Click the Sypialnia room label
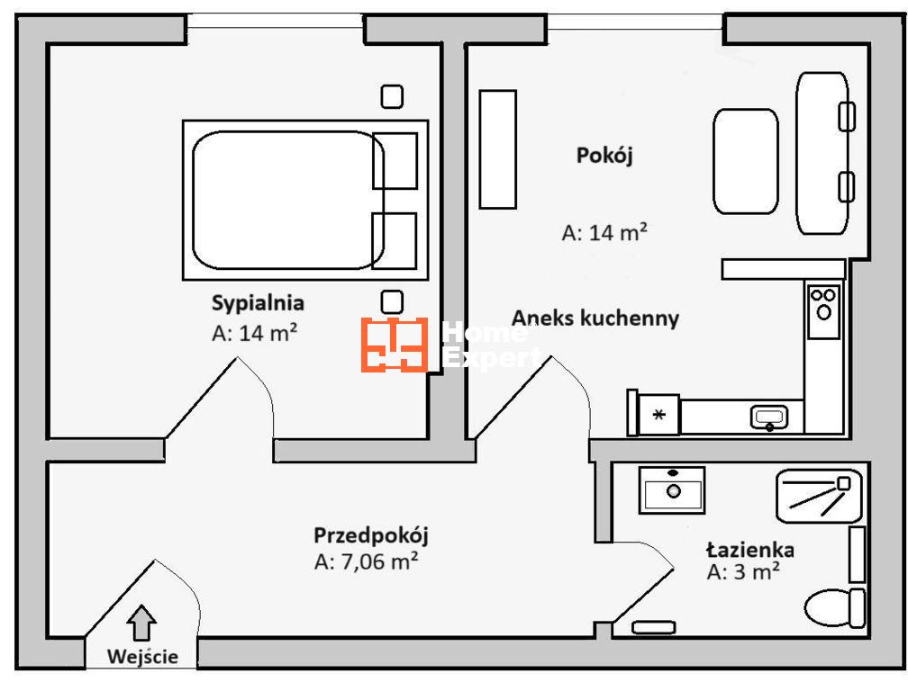258,302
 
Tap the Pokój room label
604,155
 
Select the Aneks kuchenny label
595,318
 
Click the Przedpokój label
370,535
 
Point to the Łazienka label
749,550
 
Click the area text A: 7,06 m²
366,561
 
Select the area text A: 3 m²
743,572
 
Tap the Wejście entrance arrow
141,623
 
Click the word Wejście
141,657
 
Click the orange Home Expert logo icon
394,345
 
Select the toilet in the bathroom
834,607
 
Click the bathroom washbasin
672,490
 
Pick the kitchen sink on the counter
769,417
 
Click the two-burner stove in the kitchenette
823,310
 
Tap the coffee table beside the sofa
746,161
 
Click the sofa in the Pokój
822,153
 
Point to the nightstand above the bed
392,96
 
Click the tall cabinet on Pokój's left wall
497,148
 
